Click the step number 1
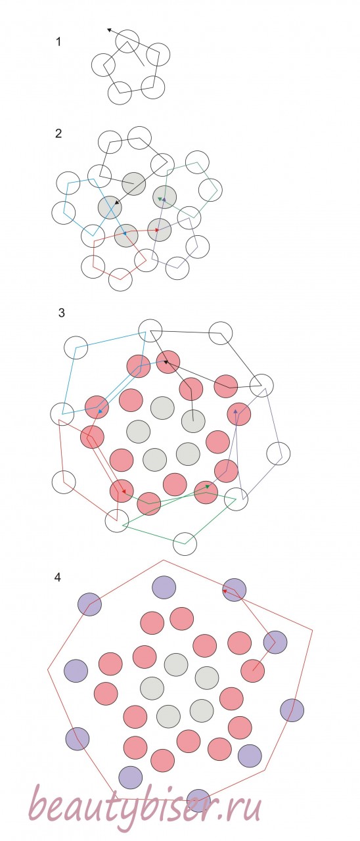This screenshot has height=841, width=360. (x=58, y=41)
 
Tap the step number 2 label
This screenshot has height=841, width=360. (x=58, y=133)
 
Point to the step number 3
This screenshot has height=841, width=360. (x=62, y=313)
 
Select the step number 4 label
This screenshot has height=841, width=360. (x=57, y=577)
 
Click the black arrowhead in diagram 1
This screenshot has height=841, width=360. (x=109, y=30)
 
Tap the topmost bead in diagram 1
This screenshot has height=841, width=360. (x=127, y=41)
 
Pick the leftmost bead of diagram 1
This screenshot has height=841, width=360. (x=103, y=64)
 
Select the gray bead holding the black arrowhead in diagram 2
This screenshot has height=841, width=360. (x=110, y=207)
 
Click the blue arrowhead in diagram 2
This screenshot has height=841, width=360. (x=124, y=233)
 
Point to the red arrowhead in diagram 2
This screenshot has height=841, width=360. (x=157, y=230)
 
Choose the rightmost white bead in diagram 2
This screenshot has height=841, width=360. (x=210, y=190)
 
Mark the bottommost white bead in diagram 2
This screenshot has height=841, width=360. (x=120, y=279)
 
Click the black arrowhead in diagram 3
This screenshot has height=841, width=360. (x=166, y=362)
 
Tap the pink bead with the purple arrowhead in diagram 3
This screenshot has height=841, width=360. (x=238, y=414)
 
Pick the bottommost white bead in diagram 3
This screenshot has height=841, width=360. (x=185, y=543)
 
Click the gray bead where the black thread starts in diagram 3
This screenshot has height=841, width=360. (x=193, y=421)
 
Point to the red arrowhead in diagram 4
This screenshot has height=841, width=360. (x=225, y=591)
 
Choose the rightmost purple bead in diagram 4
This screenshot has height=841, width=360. (x=292, y=710)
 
